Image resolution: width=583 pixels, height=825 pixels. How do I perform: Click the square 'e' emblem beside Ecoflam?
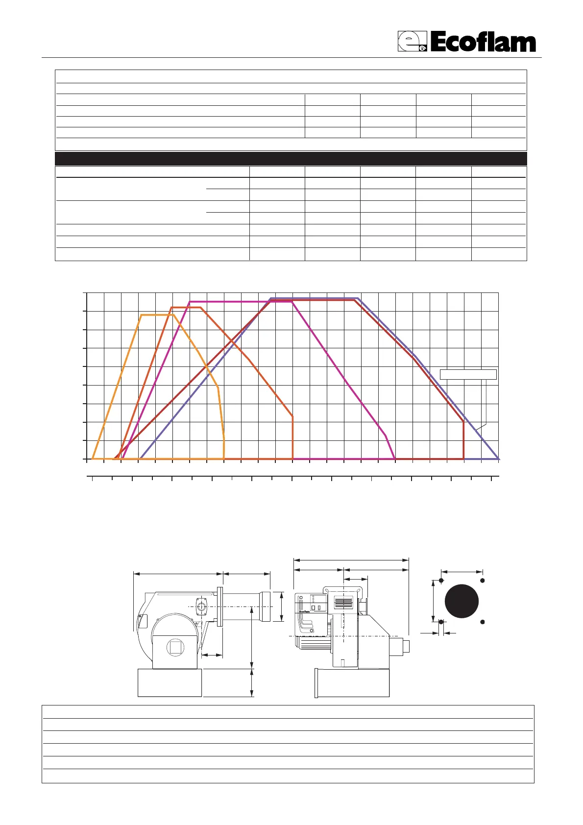coord(412,41)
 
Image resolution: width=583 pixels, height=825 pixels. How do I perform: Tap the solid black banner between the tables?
coord(291,159)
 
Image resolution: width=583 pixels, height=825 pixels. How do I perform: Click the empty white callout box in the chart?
coord(468,375)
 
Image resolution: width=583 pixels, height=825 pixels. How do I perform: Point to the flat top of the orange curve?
coord(157,315)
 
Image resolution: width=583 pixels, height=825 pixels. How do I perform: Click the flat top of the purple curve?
coord(314,298)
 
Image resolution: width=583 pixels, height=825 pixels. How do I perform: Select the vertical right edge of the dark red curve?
coord(463,440)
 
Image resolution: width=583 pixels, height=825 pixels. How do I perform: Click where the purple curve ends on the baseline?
coord(499,459)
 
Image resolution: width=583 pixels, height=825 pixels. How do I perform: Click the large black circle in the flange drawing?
coord(462,601)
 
